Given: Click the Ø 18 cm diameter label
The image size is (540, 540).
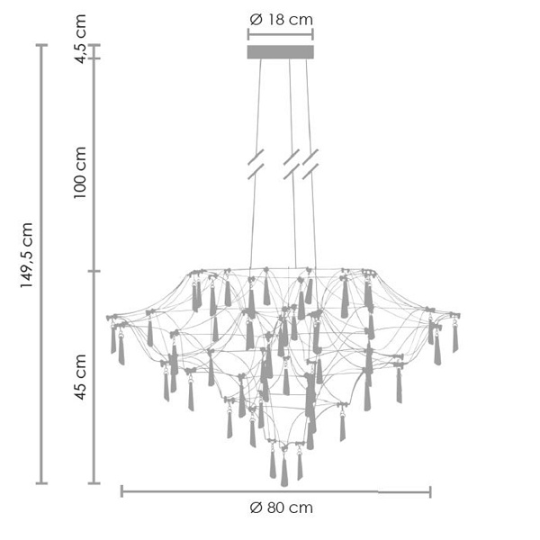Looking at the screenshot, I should point(280,19).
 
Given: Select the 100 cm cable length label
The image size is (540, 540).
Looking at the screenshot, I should point(81,172).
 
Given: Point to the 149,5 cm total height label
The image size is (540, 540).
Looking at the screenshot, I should point(26,256).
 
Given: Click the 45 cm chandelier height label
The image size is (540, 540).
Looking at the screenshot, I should point(81,377).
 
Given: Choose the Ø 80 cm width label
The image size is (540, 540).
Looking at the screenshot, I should point(281,508).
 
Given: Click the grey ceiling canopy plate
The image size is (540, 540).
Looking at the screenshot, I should point(280,52).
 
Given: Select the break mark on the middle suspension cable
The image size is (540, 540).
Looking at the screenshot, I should point(291,162).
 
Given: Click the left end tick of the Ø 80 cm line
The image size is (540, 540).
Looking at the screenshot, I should point(121,491).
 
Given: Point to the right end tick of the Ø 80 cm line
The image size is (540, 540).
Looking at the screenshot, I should point(430,491).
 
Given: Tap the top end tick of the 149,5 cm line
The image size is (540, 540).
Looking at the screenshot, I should point(40,45).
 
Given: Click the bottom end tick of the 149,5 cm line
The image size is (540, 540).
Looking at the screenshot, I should point(40,483).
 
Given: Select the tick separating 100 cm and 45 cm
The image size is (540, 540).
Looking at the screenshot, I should point(94,271).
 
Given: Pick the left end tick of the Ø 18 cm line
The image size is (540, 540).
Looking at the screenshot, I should point(247,34).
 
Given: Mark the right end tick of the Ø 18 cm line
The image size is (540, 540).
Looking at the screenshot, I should point(313,34).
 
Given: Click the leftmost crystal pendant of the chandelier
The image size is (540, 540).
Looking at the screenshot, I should point(113,340).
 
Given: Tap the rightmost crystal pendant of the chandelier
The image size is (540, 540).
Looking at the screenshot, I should point(454,338).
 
